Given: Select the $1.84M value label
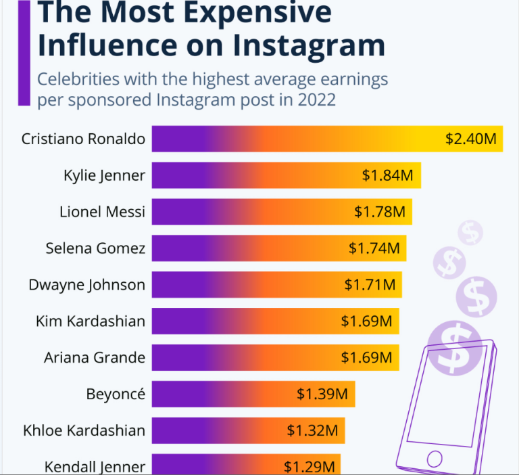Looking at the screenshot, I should [x=387, y=175].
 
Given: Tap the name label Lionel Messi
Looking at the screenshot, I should [x=102, y=212].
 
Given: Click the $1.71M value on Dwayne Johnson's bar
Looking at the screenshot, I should [x=370, y=284].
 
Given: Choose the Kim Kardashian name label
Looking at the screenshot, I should [x=91, y=321].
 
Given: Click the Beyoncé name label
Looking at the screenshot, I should [x=116, y=393].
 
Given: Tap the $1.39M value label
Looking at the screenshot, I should [x=322, y=393].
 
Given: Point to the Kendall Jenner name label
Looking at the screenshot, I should [x=95, y=466].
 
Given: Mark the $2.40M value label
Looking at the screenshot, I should [x=471, y=139].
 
